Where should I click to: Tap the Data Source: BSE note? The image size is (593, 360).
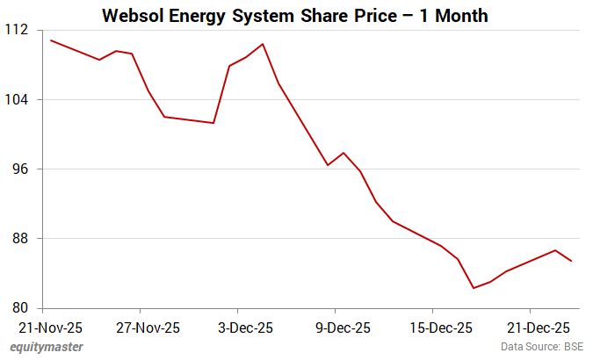coord(542,348)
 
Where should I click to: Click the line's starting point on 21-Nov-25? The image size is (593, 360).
coord(51,40)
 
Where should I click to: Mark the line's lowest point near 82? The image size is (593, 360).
coord(474,288)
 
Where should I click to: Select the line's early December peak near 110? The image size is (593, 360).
coord(263,44)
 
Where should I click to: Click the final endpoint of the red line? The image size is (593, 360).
coord(572,261)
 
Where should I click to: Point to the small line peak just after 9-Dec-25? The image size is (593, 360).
coord(344,153)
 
